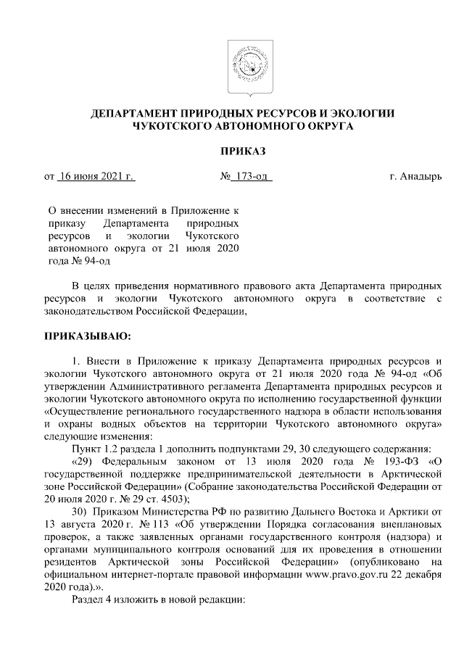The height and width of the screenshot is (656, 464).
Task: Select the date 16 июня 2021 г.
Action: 96,176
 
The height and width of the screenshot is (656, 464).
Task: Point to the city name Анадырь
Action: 422,176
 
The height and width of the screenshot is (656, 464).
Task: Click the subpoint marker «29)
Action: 85,461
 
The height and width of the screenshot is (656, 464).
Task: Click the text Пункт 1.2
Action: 95,449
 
